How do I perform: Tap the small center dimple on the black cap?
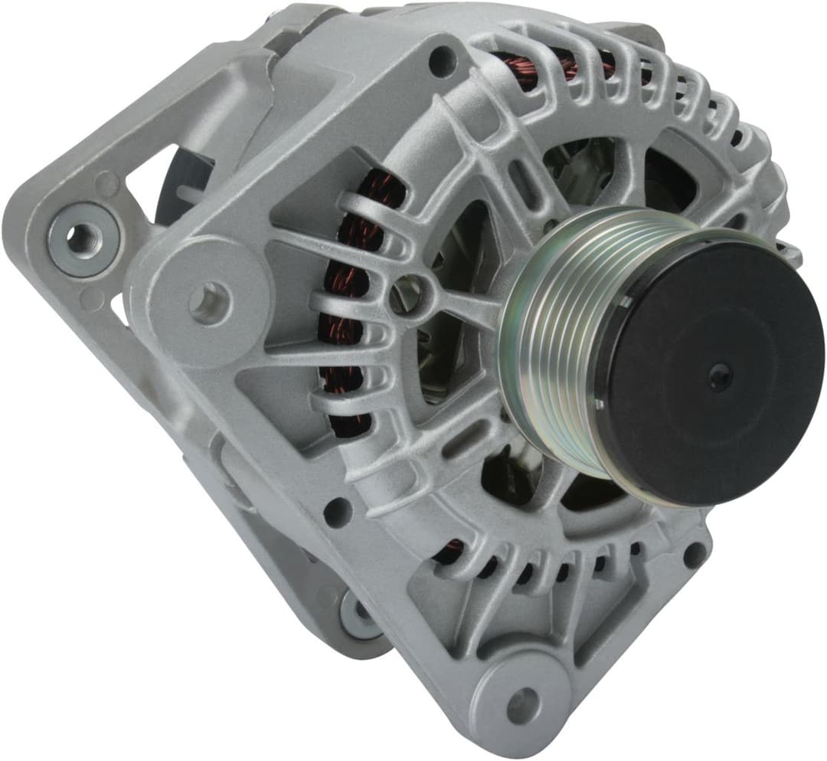click(720, 376)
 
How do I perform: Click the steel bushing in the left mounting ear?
click(81, 240)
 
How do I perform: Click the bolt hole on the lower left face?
click(338, 511)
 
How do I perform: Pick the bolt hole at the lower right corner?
click(694, 554)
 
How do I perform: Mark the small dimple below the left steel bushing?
click(92, 299)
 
